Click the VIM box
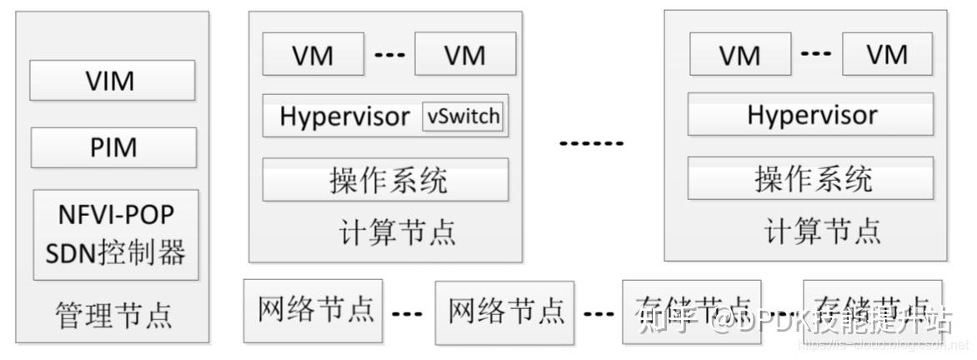(113, 81)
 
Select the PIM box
(113, 147)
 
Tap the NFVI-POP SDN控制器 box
(116, 234)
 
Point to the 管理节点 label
(113, 316)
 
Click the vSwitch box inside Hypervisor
(463, 117)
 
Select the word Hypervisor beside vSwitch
(344, 117)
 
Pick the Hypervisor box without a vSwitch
(810, 114)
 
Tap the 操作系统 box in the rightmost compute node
(810, 178)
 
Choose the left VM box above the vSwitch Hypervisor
(313, 55)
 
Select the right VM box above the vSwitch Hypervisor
(464, 55)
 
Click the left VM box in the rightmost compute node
(739, 55)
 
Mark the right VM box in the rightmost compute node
(886, 55)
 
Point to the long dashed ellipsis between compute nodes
(591, 143)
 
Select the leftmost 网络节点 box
(313, 310)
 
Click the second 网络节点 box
(505, 312)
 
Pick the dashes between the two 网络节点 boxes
(408, 314)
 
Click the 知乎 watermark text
(667, 318)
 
